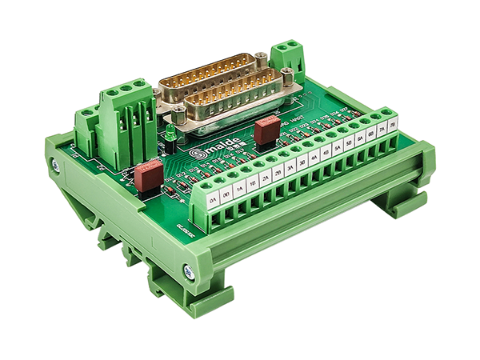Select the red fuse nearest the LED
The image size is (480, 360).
(x=147, y=175)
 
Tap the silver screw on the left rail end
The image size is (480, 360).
(x=55, y=165)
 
